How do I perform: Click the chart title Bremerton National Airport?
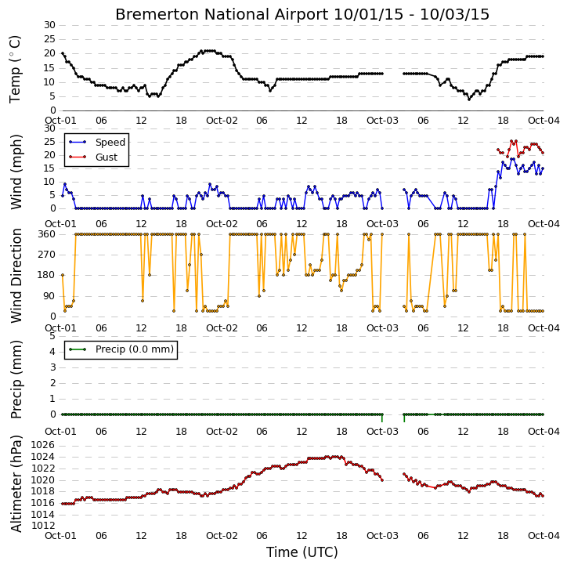click(222, 14)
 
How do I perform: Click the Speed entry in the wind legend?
click(97, 142)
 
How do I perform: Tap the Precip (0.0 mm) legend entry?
click(121, 349)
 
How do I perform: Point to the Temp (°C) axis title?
click(15, 69)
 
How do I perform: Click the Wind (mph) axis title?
click(16, 172)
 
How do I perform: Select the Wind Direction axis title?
click(16, 275)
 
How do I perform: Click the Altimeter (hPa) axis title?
click(16, 484)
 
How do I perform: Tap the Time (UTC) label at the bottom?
click(302, 552)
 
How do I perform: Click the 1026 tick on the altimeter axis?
click(42, 445)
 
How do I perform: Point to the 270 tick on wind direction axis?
click(47, 255)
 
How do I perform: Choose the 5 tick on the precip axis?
click(52, 336)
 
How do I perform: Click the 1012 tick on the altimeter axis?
click(42, 526)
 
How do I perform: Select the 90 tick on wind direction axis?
click(50, 296)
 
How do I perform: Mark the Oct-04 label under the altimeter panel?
click(544, 535)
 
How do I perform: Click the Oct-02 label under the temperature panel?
click(222, 121)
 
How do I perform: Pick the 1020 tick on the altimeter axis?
click(42, 480)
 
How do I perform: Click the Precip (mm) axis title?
click(16, 380)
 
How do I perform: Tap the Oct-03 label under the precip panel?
click(382, 432)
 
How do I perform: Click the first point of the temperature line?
click(63, 53)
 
